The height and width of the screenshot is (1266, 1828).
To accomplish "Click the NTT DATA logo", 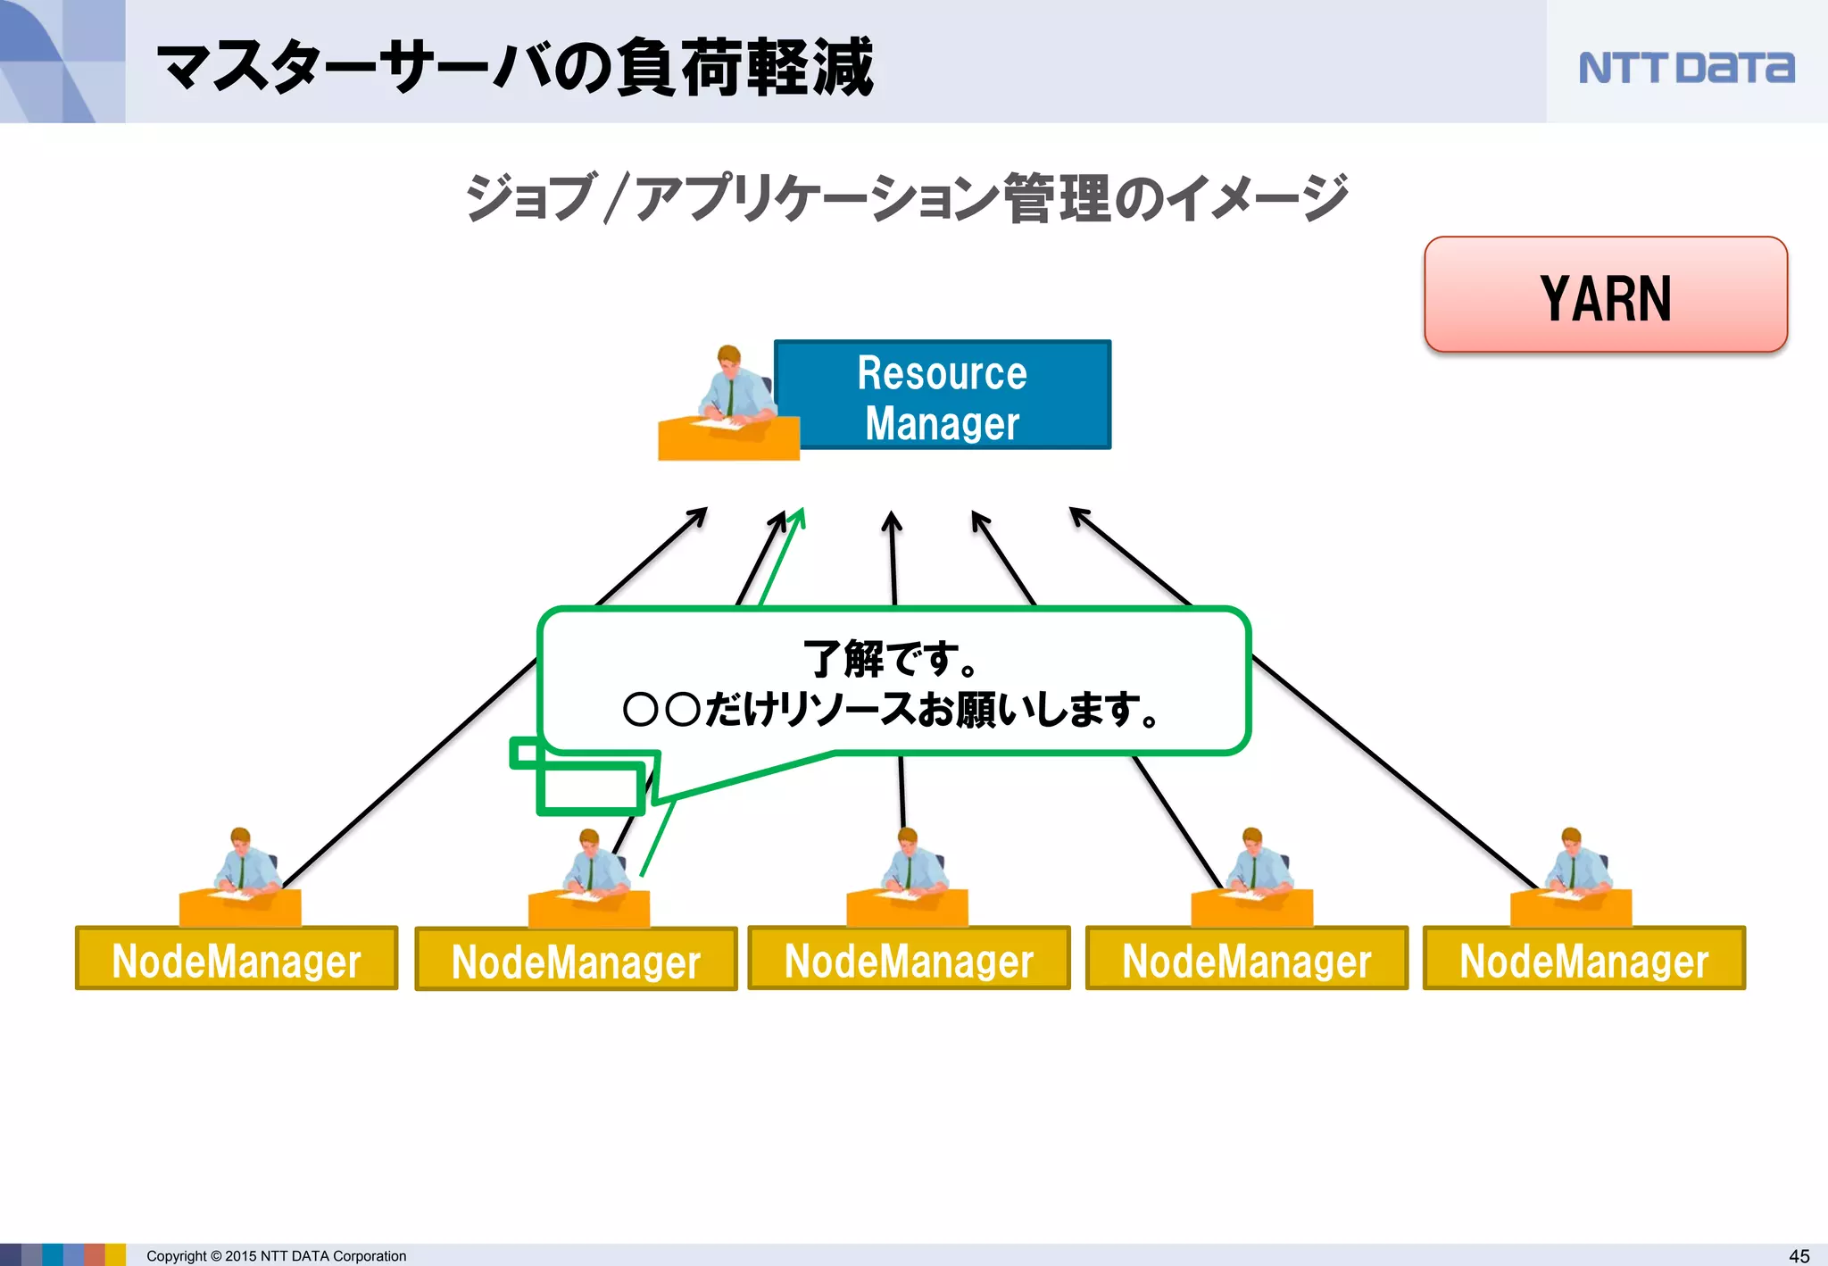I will click(x=1685, y=68).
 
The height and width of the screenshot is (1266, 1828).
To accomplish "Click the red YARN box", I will click(x=1605, y=296).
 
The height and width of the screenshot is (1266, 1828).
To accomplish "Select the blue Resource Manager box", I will click(x=943, y=395).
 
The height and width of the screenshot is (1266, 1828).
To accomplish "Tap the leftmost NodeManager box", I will click(x=237, y=959).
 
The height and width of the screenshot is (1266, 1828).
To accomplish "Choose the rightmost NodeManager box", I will click(x=1583, y=959).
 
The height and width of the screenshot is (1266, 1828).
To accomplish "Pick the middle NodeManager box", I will click(x=909, y=959).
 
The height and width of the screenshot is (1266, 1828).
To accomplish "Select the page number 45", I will click(x=1799, y=1255).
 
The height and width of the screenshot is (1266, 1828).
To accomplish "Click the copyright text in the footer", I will click(x=276, y=1255).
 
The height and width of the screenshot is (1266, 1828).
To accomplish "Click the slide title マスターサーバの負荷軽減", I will click(x=515, y=67).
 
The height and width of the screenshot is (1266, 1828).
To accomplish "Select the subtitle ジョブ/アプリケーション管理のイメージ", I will click(x=905, y=197).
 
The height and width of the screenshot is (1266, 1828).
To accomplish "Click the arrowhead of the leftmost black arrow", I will click(x=701, y=513).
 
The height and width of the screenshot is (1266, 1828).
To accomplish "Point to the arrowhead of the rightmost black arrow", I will click(x=1076, y=513).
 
